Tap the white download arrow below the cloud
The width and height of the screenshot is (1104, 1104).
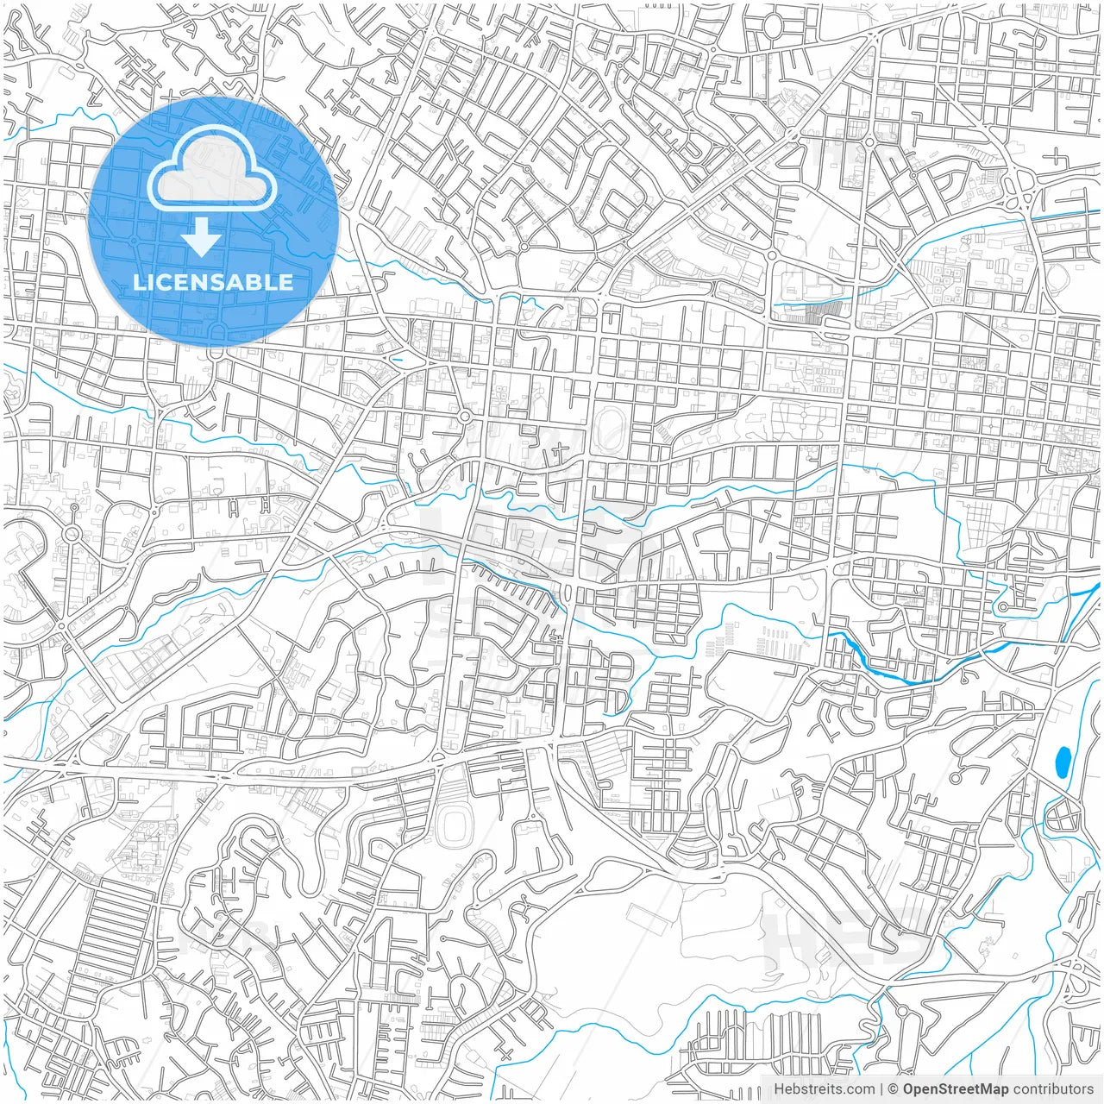(x=202, y=237)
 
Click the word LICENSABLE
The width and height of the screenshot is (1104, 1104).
(x=212, y=282)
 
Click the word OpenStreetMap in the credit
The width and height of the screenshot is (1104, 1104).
(x=955, y=1089)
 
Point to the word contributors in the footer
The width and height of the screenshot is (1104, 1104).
(x=1053, y=1089)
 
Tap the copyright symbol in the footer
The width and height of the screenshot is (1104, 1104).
(x=894, y=1089)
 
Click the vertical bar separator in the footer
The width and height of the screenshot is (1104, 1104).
(x=881, y=1089)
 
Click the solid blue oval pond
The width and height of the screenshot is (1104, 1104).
(x=1063, y=761)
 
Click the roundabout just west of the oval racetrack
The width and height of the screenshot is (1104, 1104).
(x=465, y=417)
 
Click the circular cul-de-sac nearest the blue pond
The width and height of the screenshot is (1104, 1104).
(x=955, y=778)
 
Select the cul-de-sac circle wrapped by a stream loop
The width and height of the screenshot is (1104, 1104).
(x=1002, y=607)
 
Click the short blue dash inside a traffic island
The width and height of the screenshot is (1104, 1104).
(x=397, y=359)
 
